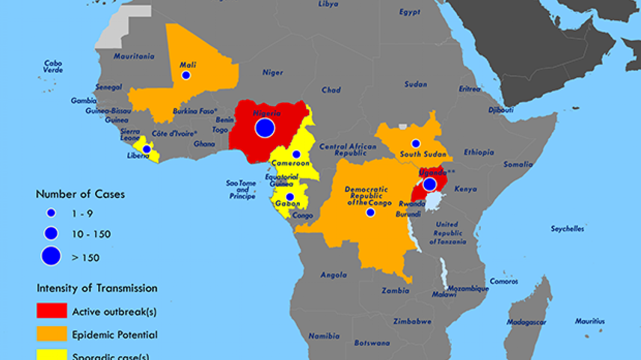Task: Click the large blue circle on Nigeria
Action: [265, 128]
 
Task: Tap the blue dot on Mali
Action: [186, 75]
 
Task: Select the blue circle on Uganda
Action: [430, 184]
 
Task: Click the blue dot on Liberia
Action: [147, 149]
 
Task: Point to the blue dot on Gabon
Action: [290, 197]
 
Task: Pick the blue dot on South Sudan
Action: [415, 143]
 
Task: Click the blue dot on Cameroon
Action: [296, 154]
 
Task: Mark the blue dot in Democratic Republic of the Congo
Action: [370, 213]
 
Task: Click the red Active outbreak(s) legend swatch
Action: [52, 311]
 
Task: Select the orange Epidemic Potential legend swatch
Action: [52, 334]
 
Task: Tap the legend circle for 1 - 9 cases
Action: [51, 213]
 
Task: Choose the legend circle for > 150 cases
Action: [51, 256]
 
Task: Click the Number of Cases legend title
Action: [80, 194]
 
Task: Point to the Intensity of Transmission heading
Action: [96, 289]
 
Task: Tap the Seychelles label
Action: [567, 229]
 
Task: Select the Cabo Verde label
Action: [53, 66]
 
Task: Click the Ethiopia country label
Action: [479, 152]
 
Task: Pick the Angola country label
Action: [333, 276]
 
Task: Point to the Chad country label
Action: [331, 90]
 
